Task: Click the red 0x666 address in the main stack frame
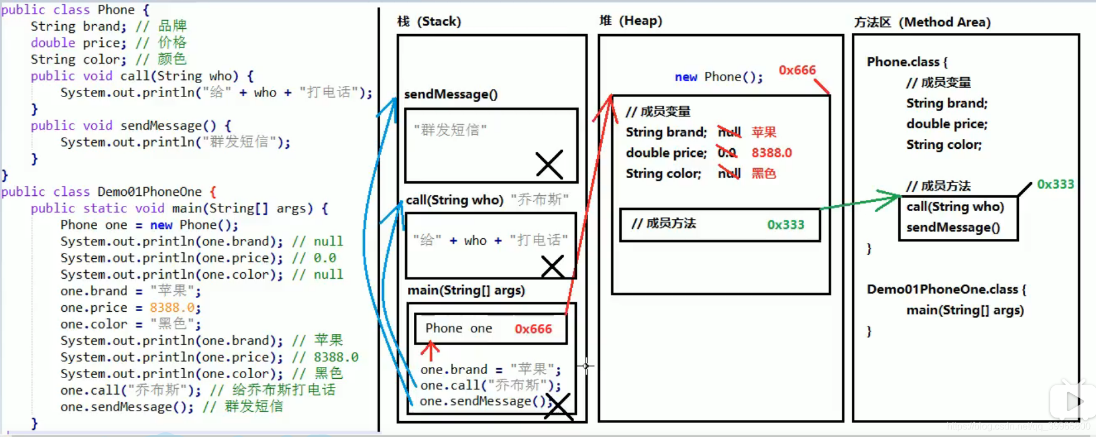coord(533,329)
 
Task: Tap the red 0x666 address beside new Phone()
coord(797,70)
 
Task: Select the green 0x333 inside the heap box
coord(785,225)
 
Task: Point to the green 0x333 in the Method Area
coord(1055,184)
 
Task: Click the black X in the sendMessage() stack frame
coord(549,165)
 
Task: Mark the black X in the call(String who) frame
coord(552,266)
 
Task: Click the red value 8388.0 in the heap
coord(772,153)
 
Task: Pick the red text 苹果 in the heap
coord(764,132)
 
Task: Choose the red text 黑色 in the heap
coord(764,174)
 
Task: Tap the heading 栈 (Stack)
coord(429,22)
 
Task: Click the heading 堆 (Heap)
coord(630,21)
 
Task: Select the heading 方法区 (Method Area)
coord(922,22)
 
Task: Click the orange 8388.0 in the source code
coord(172,308)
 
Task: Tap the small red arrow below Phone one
coord(430,351)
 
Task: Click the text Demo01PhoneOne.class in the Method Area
coord(942,289)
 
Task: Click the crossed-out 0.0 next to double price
coord(727,153)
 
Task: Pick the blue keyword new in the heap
coord(686,77)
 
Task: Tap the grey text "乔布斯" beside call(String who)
coord(539,199)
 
